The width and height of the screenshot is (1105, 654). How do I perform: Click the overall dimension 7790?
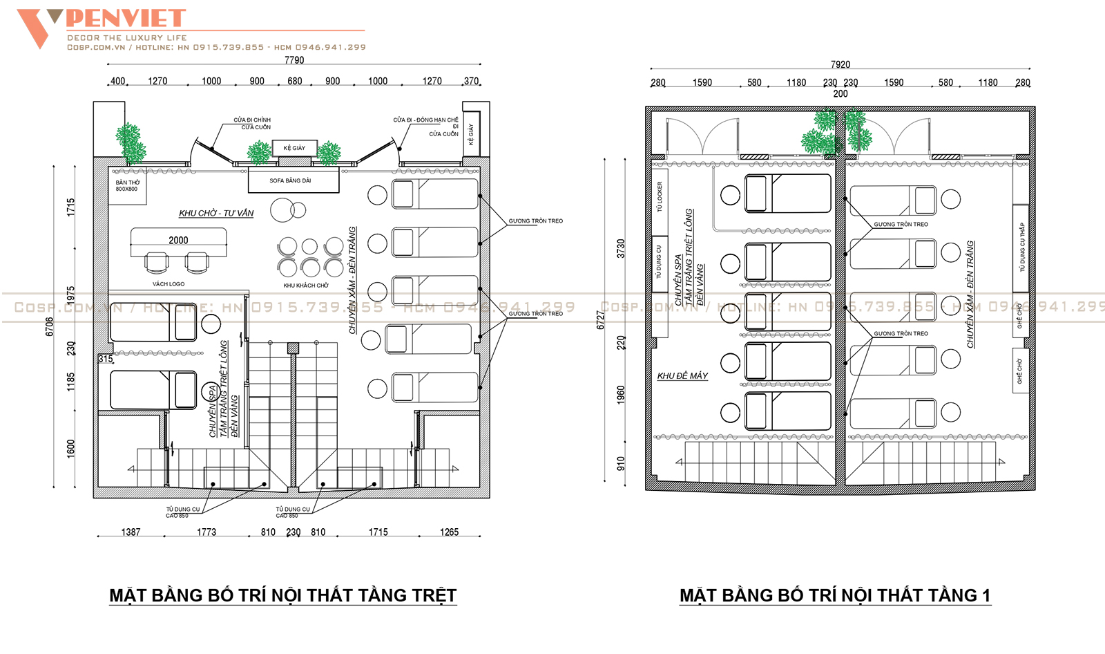[x=294, y=60]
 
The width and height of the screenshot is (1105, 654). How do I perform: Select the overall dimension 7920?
[x=840, y=64]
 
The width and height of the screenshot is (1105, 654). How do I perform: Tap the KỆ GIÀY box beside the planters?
[x=294, y=148]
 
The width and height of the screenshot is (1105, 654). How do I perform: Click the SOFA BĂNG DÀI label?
[x=290, y=180]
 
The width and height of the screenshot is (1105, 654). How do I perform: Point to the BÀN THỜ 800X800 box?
[x=127, y=186]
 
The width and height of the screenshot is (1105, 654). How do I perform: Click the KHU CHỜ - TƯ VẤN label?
[x=216, y=213]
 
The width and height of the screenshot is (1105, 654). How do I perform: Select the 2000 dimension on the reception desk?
[x=178, y=240]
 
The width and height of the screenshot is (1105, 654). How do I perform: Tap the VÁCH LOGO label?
[x=169, y=284]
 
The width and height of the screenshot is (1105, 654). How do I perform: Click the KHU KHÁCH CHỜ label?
[x=306, y=286]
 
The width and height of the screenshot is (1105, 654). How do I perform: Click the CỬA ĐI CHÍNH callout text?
[x=252, y=120]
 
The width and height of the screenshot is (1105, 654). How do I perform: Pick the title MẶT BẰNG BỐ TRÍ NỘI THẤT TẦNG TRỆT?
[x=283, y=595]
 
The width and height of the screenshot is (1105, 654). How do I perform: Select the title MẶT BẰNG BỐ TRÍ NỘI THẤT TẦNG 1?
[x=835, y=595]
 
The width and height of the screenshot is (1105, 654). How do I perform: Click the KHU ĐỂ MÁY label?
[x=682, y=375]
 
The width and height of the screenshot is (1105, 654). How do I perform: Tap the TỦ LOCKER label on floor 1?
[x=660, y=196]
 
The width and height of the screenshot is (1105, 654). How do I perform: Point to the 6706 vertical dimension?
[x=49, y=327]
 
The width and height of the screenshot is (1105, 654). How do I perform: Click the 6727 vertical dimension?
[x=600, y=319]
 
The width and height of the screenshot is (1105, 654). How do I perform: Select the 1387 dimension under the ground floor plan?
[x=131, y=532]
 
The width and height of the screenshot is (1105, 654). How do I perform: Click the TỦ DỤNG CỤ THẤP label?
[x=1022, y=247]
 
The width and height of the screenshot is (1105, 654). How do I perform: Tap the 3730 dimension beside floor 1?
[x=620, y=249]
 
